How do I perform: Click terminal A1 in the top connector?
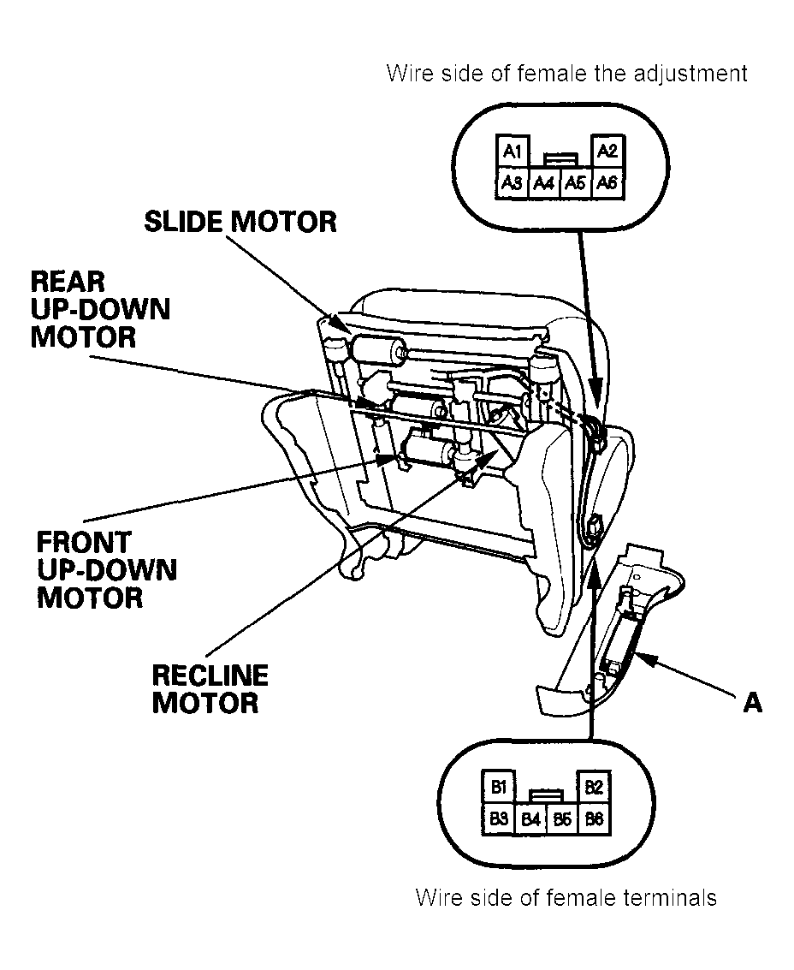[x=513, y=151]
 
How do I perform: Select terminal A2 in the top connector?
[x=607, y=151]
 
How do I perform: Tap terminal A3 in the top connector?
[x=513, y=182]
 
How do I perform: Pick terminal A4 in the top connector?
[x=544, y=183]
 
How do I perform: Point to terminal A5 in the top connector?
[x=576, y=183]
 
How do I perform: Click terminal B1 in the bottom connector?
[x=499, y=786]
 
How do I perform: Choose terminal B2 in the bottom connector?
[x=594, y=786]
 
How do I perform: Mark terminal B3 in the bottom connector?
[x=499, y=818]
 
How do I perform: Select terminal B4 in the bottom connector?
[x=530, y=819]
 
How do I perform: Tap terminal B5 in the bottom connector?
[x=562, y=819]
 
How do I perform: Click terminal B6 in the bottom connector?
[x=594, y=818]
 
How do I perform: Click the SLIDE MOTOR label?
[x=240, y=222]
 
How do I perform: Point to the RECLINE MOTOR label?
[x=210, y=688]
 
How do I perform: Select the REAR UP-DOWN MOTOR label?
[x=100, y=309]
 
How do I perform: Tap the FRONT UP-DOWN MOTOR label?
[x=106, y=569]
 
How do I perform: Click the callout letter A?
[x=753, y=702]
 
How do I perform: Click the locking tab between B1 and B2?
[x=547, y=795]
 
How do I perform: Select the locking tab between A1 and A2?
[x=561, y=159]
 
